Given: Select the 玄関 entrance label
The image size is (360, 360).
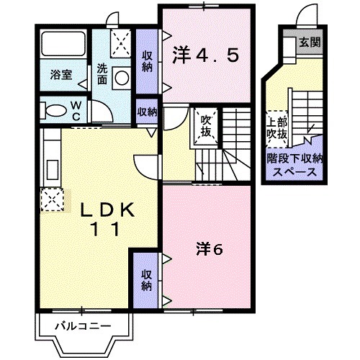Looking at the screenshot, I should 311,42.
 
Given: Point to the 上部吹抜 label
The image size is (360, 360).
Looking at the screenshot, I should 278,128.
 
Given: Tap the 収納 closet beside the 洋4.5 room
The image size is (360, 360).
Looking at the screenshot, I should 146,61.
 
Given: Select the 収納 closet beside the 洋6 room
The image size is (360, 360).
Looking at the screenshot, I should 146,279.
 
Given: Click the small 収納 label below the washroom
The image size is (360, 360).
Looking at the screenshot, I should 147,112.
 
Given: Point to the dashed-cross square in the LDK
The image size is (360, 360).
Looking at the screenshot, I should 53,199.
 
